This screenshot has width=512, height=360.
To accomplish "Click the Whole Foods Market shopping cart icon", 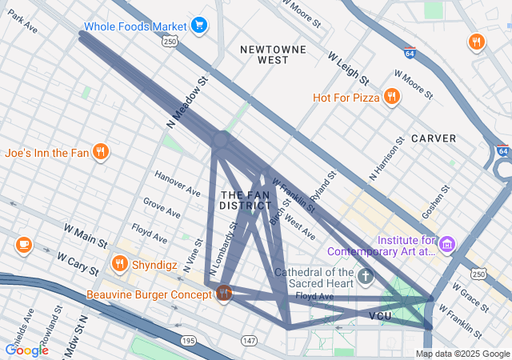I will [198, 26].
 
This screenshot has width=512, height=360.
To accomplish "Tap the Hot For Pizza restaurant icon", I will [391, 97].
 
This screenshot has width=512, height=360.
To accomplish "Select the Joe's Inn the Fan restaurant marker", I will [100, 151].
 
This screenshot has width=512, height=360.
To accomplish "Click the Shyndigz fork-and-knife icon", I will [120, 262].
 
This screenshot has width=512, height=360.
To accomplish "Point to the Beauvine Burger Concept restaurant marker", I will [224, 294].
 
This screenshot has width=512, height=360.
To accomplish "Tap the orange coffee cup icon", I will [23, 244].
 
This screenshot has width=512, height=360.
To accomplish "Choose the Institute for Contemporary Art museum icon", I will [447, 243].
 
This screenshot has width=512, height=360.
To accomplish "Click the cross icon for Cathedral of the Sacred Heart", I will [366, 277].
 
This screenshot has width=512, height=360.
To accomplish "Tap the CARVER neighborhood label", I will [433, 138].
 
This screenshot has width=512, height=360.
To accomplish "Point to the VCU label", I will [380, 317].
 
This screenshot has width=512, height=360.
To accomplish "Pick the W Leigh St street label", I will [348, 69].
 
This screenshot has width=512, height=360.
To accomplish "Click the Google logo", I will [26, 350].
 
